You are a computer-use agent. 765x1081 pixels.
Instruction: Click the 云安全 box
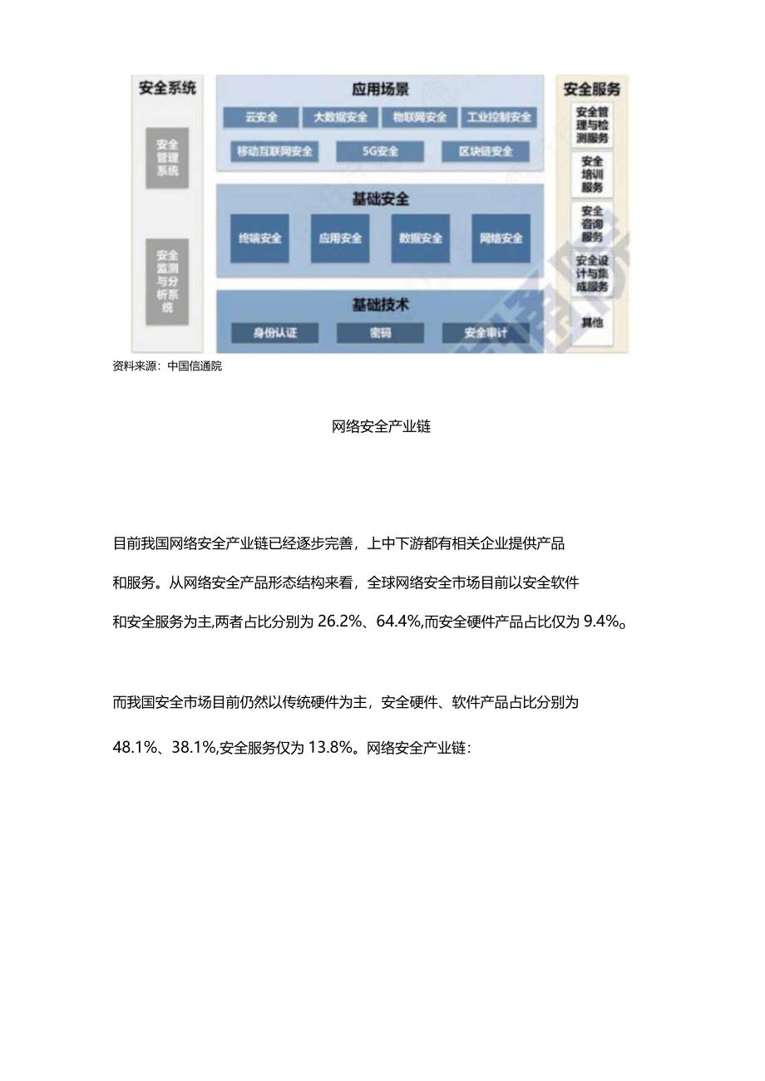coord(260,118)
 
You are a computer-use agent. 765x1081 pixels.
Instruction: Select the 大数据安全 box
coord(340,118)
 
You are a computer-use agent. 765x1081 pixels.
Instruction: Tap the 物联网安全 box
coord(420,118)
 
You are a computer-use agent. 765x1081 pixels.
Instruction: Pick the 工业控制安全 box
coord(499,118)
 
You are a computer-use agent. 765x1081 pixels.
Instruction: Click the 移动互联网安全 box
coord(274,152)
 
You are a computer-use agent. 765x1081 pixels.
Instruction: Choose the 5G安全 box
coord(380,152)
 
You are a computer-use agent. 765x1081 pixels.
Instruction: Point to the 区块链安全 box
coord(486,152)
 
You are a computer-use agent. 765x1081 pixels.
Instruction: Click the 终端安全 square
coord(259,238)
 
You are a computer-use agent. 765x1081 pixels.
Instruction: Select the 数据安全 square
coord(421,238)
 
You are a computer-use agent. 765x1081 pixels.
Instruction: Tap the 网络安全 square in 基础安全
coord(501,238)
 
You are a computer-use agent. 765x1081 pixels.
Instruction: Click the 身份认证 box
coord(274,333)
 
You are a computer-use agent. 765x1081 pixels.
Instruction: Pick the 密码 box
coord(380,333)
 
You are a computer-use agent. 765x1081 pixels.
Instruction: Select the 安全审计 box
coord(486,333)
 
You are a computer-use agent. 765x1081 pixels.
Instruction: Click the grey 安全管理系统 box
coord(167,158)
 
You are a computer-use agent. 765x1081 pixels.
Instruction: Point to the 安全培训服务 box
coord(592,174)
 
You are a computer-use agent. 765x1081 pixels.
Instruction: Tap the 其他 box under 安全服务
coord(592,322)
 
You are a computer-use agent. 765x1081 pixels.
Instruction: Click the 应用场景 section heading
coord(380,90)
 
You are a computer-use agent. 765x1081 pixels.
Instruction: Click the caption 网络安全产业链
coord(382,427)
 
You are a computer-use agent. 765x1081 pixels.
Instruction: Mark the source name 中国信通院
coord(195,366)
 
